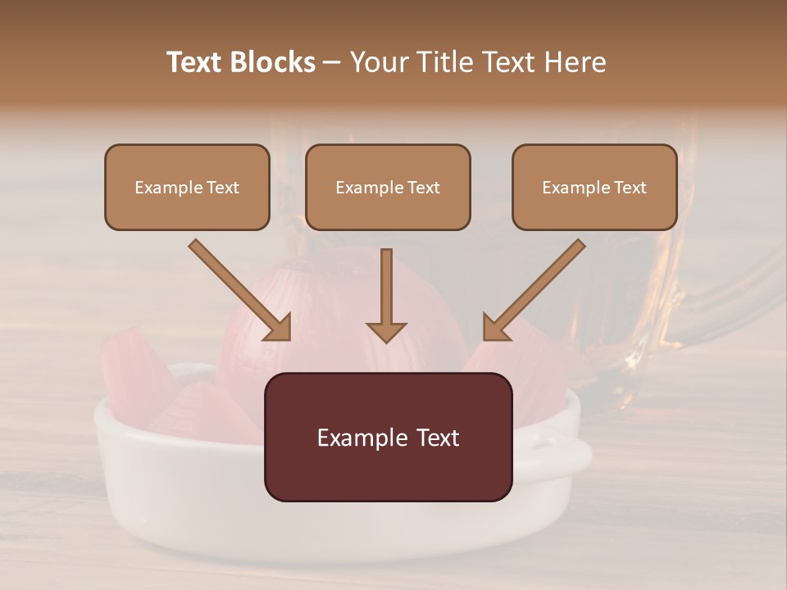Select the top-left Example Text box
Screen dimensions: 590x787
click(x=187, y=187)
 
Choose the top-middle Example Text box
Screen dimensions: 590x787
click(x=388, y=187)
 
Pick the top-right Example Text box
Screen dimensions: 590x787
click(x=594, y=187)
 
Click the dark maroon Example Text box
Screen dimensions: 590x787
click(x=388, y=437)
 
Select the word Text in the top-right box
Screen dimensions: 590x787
click(x=630, y=188)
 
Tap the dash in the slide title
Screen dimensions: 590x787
click(x=332, y=63)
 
